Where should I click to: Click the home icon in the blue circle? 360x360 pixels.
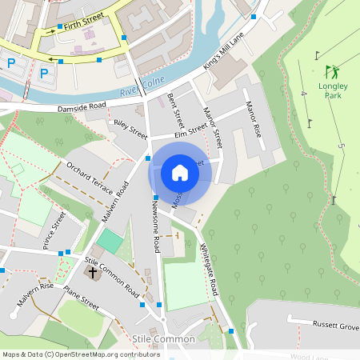point(180,172)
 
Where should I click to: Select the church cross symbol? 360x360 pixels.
point(92,273)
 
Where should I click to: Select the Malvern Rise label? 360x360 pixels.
point(34,294)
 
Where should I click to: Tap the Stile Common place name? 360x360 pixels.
point(164,339)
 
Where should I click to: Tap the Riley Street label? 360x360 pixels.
point(131,129)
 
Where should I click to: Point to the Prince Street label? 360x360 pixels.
point(54,231)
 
